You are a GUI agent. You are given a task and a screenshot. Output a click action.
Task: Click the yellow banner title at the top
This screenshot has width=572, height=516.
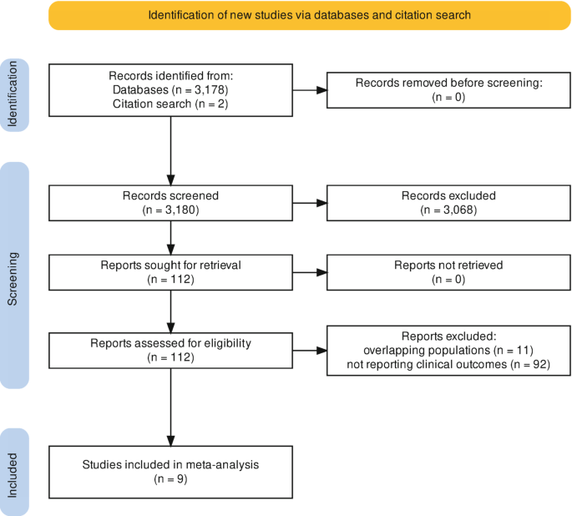click(x=309, y=15)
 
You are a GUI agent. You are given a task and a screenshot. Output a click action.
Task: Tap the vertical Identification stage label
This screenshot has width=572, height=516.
click(x=13, y=94)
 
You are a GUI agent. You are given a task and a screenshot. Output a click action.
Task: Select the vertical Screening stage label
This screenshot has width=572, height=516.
click(x=13, y=279)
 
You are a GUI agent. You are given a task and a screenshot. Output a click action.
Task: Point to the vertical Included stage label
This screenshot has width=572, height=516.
click(x=13, y=476)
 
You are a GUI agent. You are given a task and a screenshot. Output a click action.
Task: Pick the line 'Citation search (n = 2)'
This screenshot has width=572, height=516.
click(x=170, y=104)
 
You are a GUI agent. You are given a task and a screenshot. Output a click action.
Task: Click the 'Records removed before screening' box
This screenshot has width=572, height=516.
click(x=448, y=90)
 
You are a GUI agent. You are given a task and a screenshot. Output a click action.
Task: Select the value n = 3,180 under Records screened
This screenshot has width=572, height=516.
click(x=170, y=210)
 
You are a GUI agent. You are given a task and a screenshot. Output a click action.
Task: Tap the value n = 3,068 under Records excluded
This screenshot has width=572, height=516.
click(x=448, y=210)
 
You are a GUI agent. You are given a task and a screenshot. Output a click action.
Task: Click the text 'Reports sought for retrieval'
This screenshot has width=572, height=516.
click(x=170, y=266)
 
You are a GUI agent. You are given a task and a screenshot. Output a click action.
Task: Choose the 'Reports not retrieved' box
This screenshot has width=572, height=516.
click(x=448, y=272)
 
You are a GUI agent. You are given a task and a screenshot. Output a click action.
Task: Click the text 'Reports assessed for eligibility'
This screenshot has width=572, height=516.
click(x=170, y=343)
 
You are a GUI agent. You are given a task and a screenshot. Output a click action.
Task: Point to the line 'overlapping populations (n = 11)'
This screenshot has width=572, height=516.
click(x=448, y=351)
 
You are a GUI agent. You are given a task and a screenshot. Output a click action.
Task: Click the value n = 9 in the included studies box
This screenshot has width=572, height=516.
click(x=170, y=478)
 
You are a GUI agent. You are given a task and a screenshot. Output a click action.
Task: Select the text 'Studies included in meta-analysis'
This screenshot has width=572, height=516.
click(x=170, y=464)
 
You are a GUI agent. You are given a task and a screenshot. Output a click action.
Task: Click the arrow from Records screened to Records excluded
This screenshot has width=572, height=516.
click(x=310, y=203)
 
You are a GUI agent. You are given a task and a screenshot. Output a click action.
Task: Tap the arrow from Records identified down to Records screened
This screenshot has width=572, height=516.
click(x=170, y=151)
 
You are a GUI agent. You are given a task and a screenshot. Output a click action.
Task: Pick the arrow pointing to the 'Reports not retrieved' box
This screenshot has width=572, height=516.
click(x=310, y=272)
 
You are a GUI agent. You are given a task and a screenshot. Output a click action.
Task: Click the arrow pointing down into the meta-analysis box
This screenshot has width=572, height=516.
click(x=170, y=407)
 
